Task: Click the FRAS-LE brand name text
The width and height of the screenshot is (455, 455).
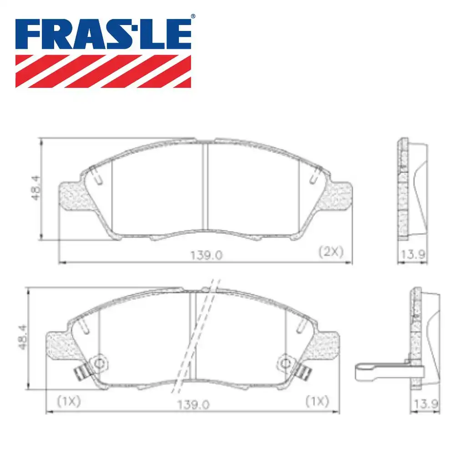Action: pos(103,35)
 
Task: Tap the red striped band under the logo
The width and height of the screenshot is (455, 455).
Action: pos(103,71)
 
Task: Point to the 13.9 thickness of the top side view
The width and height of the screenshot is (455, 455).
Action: pos(412,255)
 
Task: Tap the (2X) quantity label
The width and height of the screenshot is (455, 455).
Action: pos(331,252)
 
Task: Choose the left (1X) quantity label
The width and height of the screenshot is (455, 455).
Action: pos(69,401)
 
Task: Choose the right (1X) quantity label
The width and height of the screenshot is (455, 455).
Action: pos(317,401)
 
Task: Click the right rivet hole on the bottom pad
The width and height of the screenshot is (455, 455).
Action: pos(285,362)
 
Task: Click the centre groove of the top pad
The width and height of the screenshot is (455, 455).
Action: pos(205,187)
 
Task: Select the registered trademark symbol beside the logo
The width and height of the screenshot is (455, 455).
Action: pos(192,16)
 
